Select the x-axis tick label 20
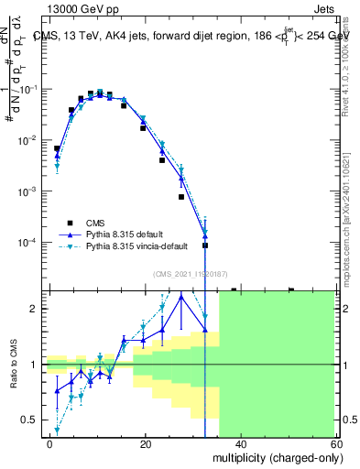(144, 443)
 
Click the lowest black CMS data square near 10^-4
(205, 245)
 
